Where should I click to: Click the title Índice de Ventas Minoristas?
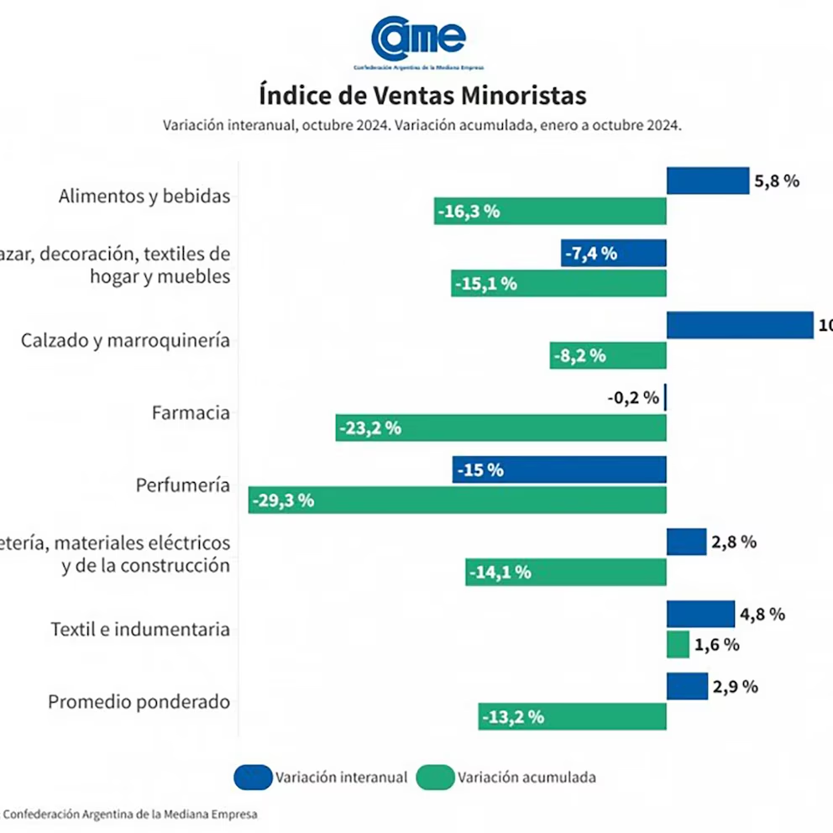(422, 95)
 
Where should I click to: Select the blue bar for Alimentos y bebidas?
(707, 181)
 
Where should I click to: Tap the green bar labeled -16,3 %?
(550, 212)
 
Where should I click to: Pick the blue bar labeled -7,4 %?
(613, 253)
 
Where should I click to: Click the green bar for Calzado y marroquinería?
(608, 355)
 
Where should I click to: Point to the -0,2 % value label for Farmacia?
(633, 398)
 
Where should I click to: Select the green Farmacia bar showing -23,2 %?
(500, 428)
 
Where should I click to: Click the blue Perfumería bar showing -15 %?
(558, 470)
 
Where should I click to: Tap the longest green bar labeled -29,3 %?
(458, 500)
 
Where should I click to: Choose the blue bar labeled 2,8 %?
(686, 542)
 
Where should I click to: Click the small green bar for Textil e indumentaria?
(678, 645)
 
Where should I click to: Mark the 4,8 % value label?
(762, 615)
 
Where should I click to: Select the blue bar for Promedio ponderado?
(687, 686)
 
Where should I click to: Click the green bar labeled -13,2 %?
(572, 717)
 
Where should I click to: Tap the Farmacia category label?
(191, 413)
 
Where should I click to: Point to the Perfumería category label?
(182, 485)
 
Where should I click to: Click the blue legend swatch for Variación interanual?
(253, 778)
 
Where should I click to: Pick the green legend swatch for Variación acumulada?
(435, 778)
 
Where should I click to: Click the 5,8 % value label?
(777, 181)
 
